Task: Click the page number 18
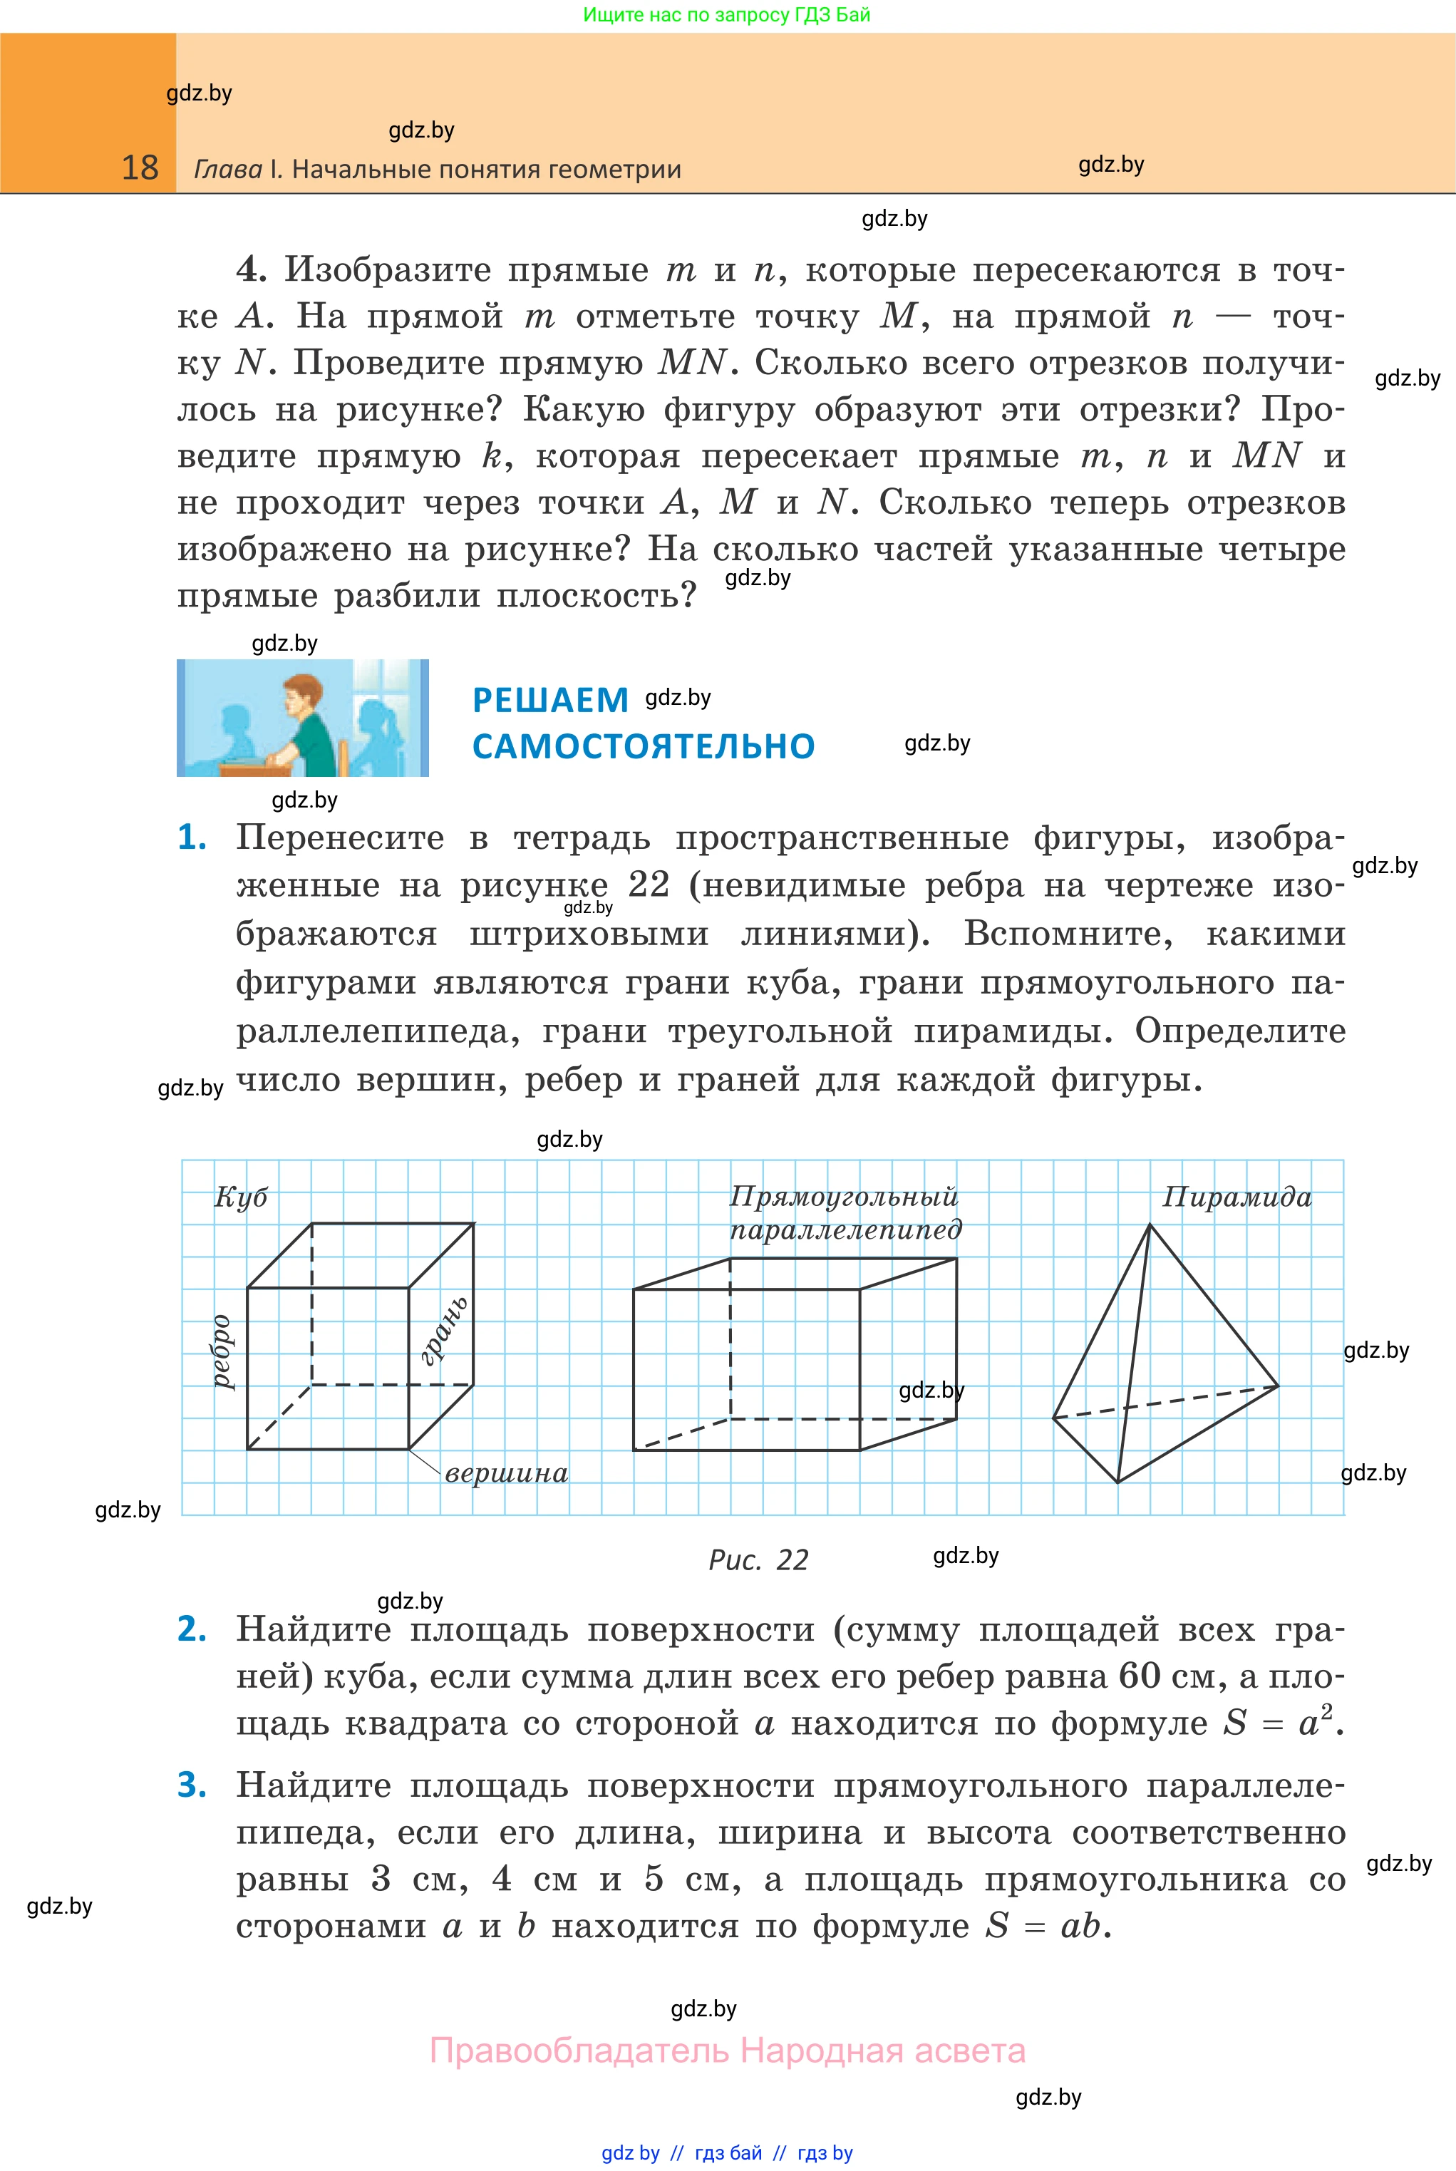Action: pyautogui.click(x=140, y=168)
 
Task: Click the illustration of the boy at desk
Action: pyautogui.click(x=303, y=718)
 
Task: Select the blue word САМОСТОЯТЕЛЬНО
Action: pyautogui.click(x=644, y=746)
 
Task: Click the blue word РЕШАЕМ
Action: pyautogui.click(x=551, y=700)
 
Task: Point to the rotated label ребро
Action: pyautogui.click(x=221, y=1351)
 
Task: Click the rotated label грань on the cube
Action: pyautogui.click(x=444, y=1331)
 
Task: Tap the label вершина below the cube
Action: pyautogui.click(x=506, y=1474)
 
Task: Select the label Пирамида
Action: pyautogui.click(x=1237, y=1197)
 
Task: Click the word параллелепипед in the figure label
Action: pyautogui.click(x=845, y=1230)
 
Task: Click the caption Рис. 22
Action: pyautogui.click(x=758, y=1560)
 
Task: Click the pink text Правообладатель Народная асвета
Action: pyautogui.click(x=727, y=2051)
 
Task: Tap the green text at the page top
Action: pyautogui.click(x=726, y=15)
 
